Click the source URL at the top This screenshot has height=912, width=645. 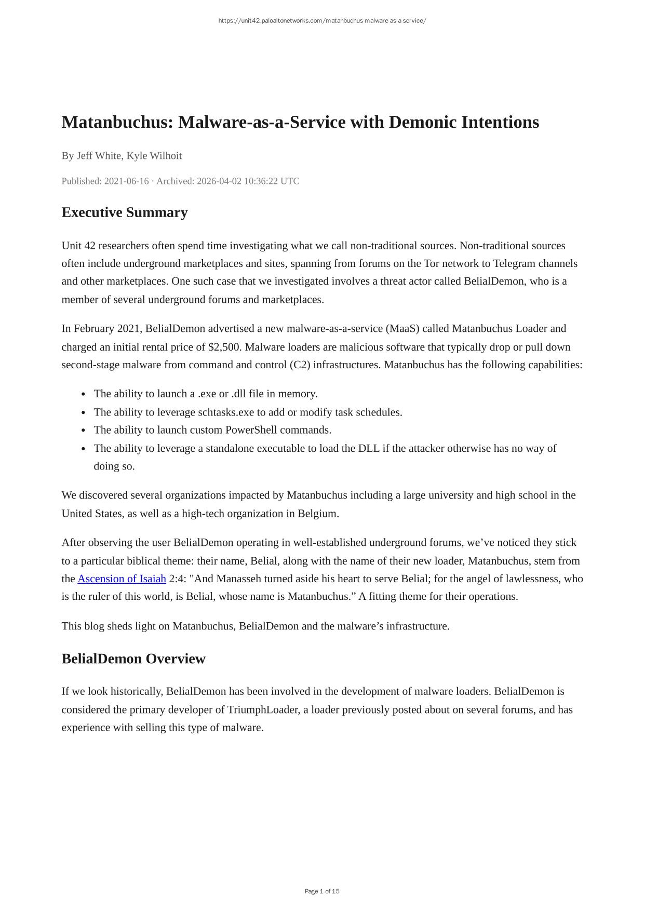tap(322, 21)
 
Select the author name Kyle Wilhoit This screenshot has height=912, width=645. tap(154, 156)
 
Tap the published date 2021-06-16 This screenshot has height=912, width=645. tap(126, 181)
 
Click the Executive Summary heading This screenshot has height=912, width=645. tap(124, 212)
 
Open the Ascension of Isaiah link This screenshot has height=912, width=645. tap(122, 579)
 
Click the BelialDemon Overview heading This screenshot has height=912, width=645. tap(133, 659)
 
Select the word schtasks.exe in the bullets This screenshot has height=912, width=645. tap(226, 412)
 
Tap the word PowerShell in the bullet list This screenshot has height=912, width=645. tap(251, 430)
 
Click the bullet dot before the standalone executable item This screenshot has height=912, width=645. tap(84, 449)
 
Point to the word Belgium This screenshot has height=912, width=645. tap(318, 514)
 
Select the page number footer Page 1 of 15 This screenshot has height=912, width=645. tap(322, 891)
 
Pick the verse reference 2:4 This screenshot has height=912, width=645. tap(178, 579)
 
